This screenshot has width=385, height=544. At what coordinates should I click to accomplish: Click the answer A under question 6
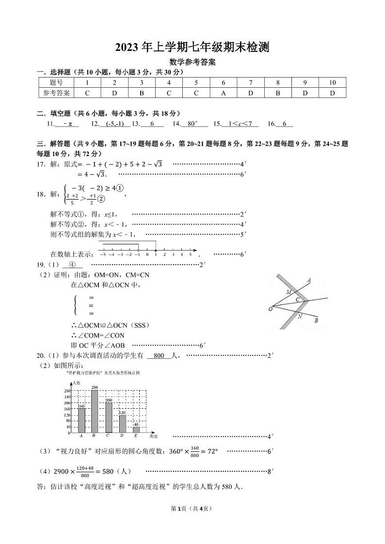[x=224, y=93]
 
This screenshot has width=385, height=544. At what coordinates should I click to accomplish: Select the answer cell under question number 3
[x=142, y=93]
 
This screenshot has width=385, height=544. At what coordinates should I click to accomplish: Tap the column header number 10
[x=332, y=82]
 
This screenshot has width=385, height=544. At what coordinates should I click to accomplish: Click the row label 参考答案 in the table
[x=56, y=93]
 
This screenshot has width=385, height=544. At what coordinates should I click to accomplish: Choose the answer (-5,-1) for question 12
[x=114, y=124]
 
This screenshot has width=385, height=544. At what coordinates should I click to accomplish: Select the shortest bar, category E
[x=136, y=430]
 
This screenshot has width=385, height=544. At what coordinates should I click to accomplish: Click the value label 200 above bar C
[x=109, y=400]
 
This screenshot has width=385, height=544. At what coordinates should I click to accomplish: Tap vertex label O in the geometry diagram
[x=270, y=309]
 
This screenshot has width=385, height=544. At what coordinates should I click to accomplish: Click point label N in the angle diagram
[x=300, y=317]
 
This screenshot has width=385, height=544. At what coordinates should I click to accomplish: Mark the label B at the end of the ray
[x=316, y=320]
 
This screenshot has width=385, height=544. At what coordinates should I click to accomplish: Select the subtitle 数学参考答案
[x=192, y=62]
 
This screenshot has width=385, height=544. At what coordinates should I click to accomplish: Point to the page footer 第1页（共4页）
[x=192, y=509]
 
